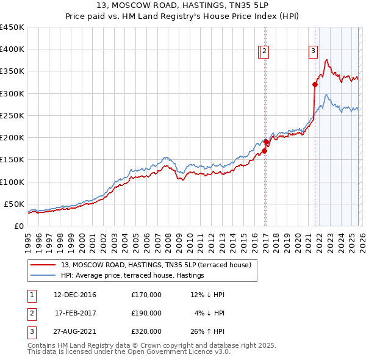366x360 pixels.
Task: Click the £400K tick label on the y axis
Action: [x=12, y=49]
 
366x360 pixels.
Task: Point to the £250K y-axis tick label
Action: [x=12, y=115]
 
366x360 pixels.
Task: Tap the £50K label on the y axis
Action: [x=15, y=204]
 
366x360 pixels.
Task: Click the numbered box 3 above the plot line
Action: [x=313, y=52]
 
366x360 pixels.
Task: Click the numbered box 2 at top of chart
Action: [x=265, y=52]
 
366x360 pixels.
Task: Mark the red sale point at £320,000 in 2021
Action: [x=315, y=85]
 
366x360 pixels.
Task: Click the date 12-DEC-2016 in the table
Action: [x=75, y=295]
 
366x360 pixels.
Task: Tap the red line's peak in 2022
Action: [x=327, y=60]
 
